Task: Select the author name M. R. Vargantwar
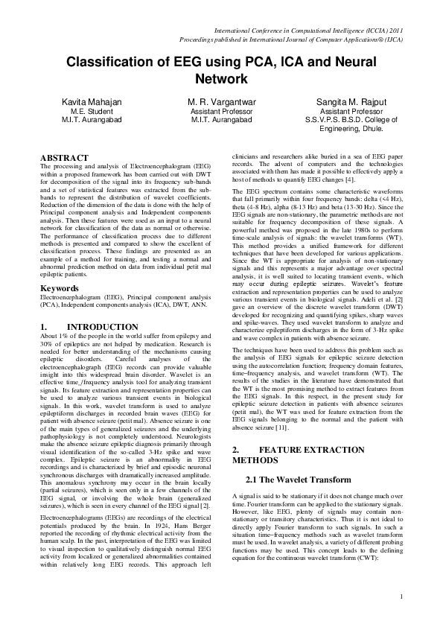(221, 99)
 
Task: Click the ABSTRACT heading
(64, 158)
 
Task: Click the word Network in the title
(221, 78)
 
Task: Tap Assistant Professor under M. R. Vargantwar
(221, 109)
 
